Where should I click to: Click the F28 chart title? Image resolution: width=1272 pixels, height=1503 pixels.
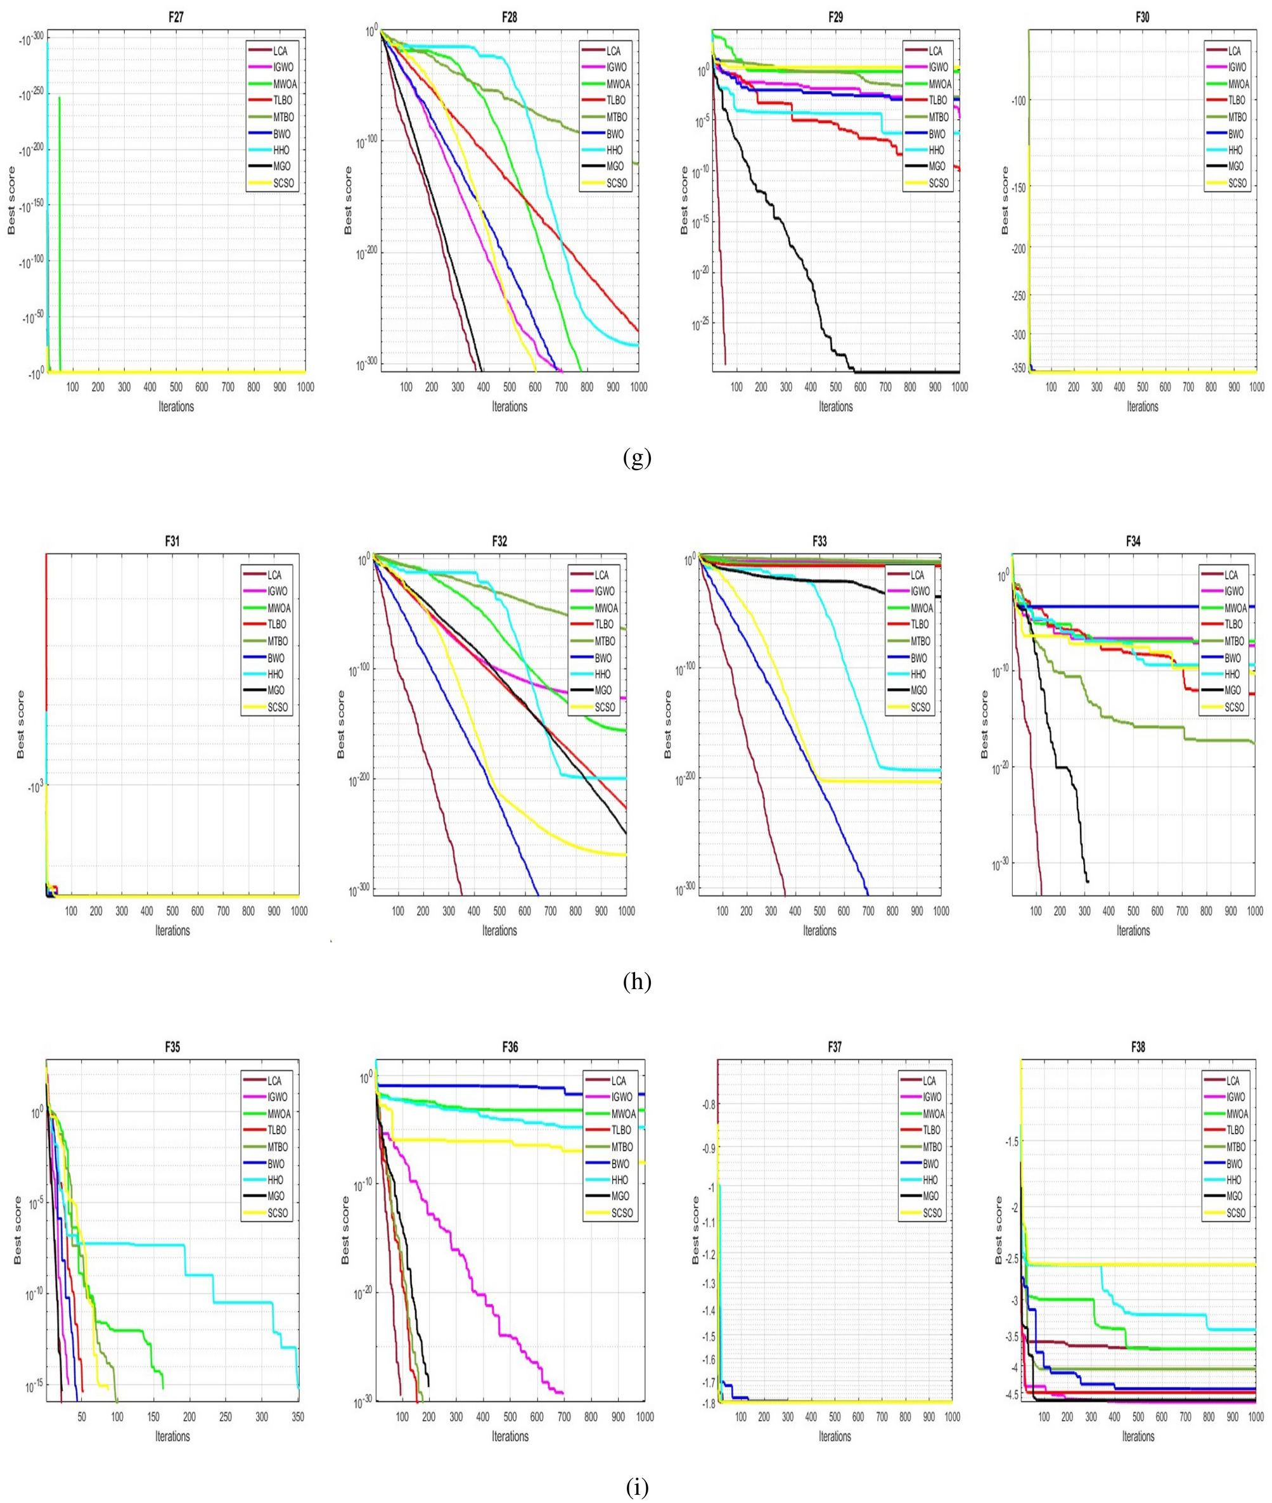click(x=509, y=16)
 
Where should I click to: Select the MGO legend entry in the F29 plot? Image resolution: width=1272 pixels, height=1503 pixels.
click(x=935, y=167)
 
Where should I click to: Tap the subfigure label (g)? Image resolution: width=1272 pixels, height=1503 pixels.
click(x=637, y=459)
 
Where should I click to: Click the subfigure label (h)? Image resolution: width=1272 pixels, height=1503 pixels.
click(x=637, y=982)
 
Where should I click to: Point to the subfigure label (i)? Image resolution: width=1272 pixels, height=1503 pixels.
click(x=637, y=1487)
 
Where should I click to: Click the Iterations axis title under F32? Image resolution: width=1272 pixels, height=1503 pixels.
click(x=499, y=931)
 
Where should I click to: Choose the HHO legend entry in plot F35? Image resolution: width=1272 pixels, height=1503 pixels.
click(x=274, y=1180)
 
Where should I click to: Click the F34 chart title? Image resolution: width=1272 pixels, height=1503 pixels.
click(x=1132, y=541)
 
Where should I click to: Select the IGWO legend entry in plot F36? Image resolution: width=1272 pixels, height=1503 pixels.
click(x=619, y=1097)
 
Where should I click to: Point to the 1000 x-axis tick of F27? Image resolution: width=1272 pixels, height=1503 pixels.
click(x=305, y=387)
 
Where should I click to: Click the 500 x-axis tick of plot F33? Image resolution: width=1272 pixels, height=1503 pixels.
click(x=819, y=911)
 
